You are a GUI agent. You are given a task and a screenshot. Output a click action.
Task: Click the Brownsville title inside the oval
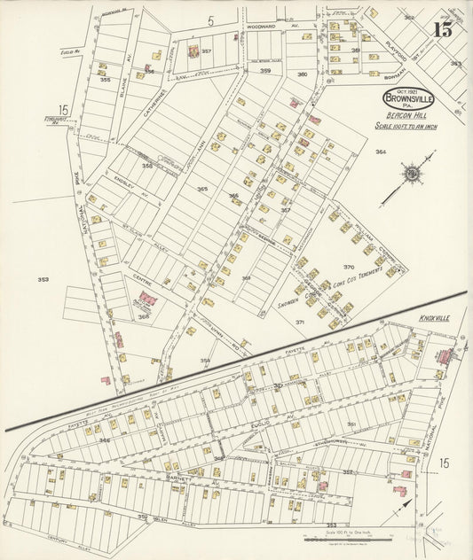(409, 99)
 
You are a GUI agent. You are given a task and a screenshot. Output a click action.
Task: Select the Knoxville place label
(437, 317)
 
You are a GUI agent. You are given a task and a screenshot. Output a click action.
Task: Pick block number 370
(349, 267)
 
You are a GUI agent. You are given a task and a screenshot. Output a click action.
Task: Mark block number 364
(381, 152)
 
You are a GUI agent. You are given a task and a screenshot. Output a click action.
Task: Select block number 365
(202, 189)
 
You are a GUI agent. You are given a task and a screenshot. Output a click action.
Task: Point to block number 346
(105, 439)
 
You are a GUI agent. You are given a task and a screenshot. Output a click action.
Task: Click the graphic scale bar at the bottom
(340, 538)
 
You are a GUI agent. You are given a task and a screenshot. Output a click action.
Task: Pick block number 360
(302, 74)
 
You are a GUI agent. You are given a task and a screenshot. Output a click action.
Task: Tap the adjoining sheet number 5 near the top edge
(211, 19)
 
